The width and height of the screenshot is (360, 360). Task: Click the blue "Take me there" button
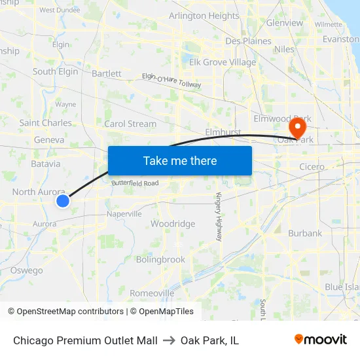point(180,160)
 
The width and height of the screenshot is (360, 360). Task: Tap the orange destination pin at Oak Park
point(298,126)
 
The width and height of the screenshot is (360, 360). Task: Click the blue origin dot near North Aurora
point(63,201)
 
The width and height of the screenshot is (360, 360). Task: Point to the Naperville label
point(124,214)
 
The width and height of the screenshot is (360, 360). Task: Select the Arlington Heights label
point(204,16)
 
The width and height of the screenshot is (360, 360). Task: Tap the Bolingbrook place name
point(160,259)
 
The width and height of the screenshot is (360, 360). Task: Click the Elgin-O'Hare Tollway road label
point(171,81)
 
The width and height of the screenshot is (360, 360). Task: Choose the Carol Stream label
point(130,124)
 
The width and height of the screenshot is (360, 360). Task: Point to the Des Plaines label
point(248,41)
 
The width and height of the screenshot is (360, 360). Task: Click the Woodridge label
point(173,224)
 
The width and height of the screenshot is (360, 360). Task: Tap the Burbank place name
point(305,233)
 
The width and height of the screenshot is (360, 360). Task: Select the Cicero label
point(312,167)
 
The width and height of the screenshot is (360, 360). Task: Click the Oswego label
point(27,270)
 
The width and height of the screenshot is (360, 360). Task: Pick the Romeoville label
point(152,293)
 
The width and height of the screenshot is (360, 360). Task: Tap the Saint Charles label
point(46,123)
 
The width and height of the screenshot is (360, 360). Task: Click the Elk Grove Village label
point(223,63)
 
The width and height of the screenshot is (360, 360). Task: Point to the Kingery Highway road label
point(219,217)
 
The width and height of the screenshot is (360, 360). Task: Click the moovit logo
point(321,340)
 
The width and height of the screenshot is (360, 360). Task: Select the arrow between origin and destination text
point(169,340)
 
